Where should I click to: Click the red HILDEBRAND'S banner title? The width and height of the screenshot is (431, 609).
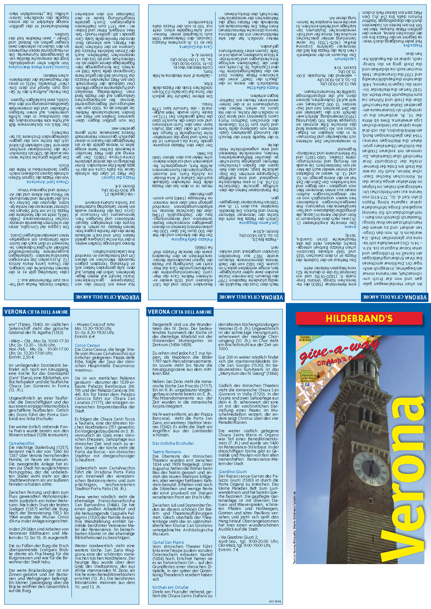[359, 318]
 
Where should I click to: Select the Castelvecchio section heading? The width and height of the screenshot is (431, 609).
[22, 443]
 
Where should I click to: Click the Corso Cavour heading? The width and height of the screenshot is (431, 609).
[87, 345]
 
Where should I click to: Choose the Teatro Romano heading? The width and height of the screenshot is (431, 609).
[167, 452]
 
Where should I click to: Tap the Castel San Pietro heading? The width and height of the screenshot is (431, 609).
[168, 542]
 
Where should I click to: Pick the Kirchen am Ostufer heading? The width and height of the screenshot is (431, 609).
[171, 587]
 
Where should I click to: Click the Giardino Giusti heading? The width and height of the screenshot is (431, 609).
[232, 471]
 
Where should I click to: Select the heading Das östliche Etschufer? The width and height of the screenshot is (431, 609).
[173, 443]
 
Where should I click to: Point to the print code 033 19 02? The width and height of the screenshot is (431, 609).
[275, 601]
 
